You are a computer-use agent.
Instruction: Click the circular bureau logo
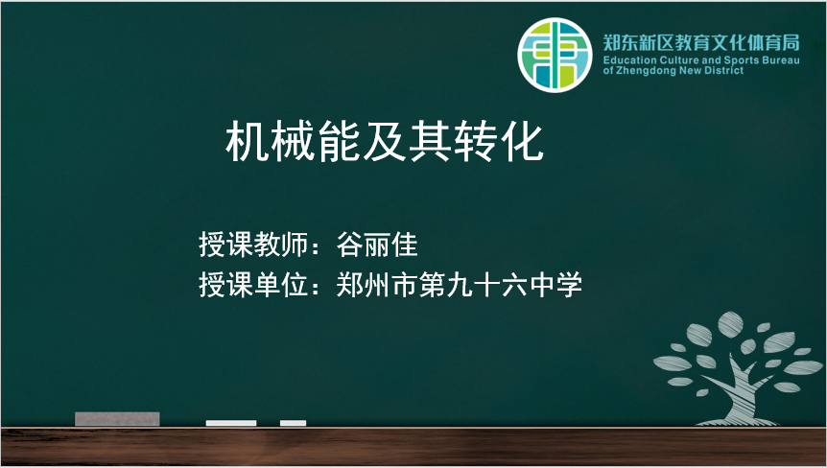click(x=555, y=55)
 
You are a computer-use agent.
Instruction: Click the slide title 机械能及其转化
click(x=385, y=141)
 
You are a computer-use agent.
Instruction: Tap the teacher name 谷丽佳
click(x=377, y=245)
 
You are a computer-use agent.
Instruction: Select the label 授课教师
click(x=253, y=245)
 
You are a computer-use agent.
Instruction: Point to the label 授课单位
click(x=253, y=285)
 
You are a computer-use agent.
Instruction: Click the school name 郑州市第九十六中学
click(x=460, y=285)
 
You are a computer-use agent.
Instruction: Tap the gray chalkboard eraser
click(x=117, y=419)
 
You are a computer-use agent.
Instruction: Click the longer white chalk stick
click(x=231, y=423)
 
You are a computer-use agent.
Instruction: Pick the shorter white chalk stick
click(x=294, y=423)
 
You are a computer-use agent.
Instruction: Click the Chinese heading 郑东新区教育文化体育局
click(x=701, y=42)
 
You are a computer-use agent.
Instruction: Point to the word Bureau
click(x=781, y=60)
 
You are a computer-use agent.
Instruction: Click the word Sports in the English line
click(x=742, y=60)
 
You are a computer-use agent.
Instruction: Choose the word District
click(x=724, y=71)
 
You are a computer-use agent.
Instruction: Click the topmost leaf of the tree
click(x=730, y=324)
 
